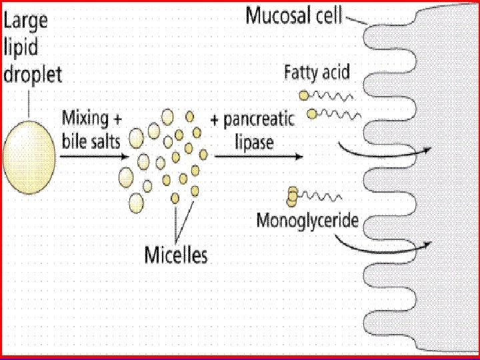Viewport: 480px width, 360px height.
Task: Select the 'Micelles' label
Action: (176, 254)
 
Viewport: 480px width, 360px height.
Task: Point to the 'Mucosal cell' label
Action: (294, 15)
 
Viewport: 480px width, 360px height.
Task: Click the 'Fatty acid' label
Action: (317, 71)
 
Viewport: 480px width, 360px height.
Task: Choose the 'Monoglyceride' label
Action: (307, 221)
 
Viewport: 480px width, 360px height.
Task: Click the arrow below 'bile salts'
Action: (93, 156)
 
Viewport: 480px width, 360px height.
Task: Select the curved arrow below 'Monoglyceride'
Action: (383, 247)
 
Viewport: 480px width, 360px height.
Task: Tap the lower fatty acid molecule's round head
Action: (312, 114)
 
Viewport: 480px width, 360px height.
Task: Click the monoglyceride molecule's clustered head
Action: (293, 196)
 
